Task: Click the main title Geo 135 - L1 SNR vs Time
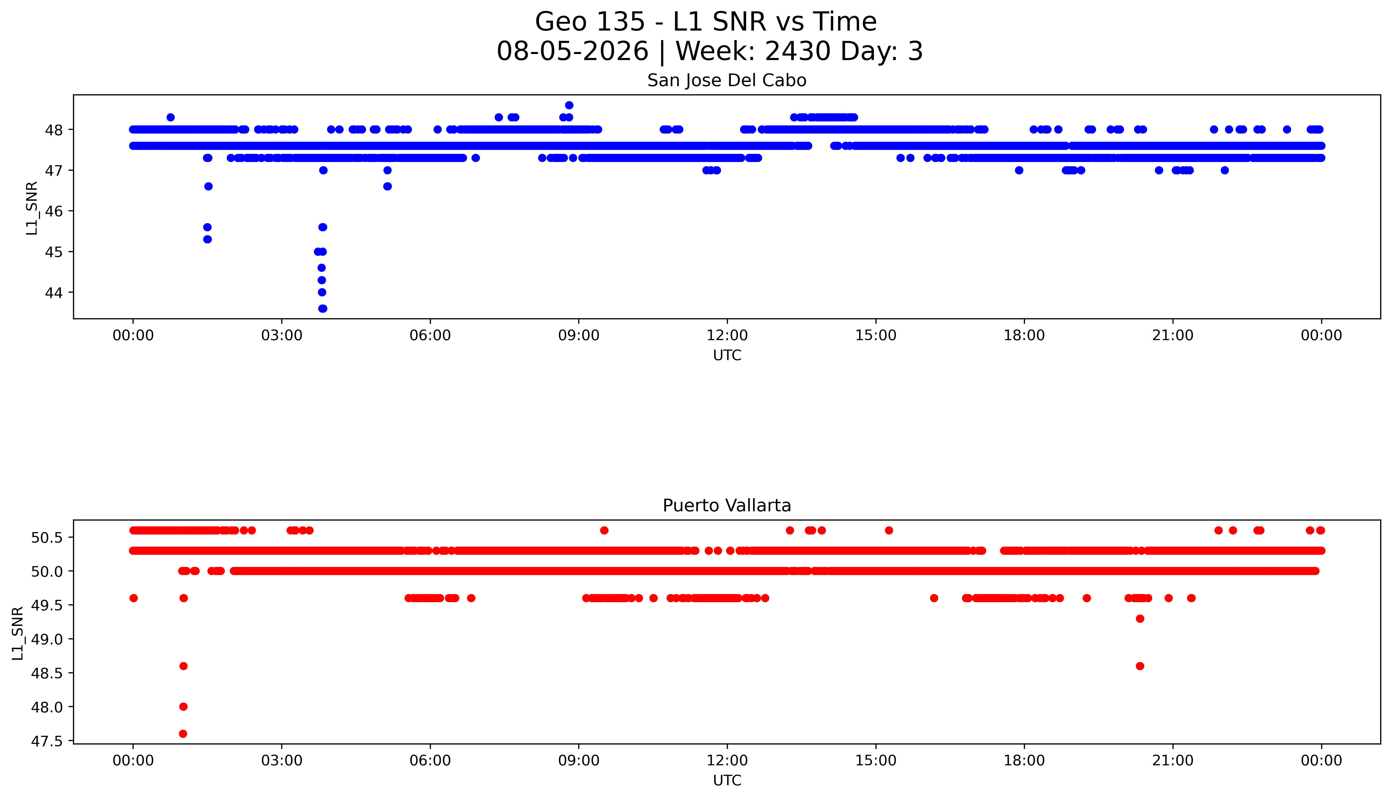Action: coord(706,22)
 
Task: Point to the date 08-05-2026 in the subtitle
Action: coord(572,52)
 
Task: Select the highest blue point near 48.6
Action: coord(569,105)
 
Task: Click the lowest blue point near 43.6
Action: coord(323,308)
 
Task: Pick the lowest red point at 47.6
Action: coord(183,734)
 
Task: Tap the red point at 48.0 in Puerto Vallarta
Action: coord(183,707)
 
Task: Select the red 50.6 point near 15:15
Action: coord(889,530)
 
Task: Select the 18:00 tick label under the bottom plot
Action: coord(1024,761)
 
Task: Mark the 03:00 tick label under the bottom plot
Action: coord(282,761)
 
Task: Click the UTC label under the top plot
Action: coord(727,356)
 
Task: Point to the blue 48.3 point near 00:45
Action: coord(171,117)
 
